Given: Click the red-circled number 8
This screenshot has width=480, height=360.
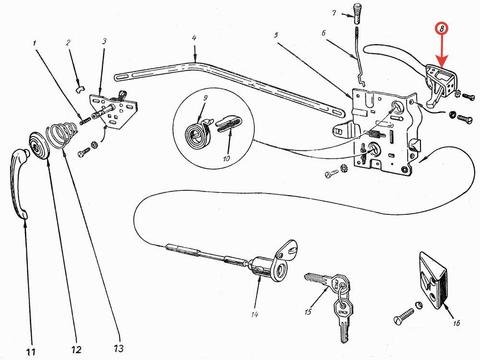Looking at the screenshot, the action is (x=442, y=28).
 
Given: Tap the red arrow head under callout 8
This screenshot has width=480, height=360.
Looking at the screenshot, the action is (x=442, y=61).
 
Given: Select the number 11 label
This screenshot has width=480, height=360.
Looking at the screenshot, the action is (x=31, y=352).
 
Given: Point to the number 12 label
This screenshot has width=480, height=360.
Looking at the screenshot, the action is (x=76, y=350).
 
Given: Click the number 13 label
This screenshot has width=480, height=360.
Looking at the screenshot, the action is (x=119, y=349).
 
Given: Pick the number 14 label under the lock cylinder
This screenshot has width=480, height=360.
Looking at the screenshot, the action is (x=254, y=314).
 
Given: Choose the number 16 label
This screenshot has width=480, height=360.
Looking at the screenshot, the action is (x=457, y=323).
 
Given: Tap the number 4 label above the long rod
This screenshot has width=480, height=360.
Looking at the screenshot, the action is (x=194, y=37).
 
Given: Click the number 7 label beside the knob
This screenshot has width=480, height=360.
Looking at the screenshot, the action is (x=334, y=13).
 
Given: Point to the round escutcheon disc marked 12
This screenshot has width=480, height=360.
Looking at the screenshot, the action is (x=39, y=146).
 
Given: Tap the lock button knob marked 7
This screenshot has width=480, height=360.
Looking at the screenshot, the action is (x=357, y=14).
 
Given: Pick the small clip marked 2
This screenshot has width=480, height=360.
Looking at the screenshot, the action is (x=80, y=89).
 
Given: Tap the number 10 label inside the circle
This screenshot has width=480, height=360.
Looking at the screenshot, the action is (x=226, y=158).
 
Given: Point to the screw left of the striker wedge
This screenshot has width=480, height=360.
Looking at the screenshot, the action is (x=404, y=316).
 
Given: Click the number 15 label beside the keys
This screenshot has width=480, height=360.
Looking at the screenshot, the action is (x=308, y=311).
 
